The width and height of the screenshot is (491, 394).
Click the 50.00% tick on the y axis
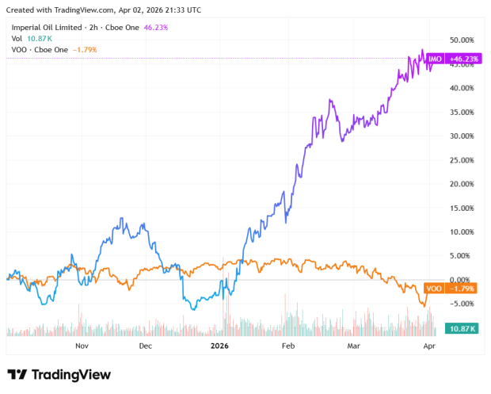(461, 40)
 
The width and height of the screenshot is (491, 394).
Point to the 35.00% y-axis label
(461, 112)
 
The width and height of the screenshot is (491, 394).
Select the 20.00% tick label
(461, 184)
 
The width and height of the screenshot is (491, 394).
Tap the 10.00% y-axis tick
(461, 232)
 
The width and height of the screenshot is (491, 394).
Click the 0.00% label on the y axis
(462, 280)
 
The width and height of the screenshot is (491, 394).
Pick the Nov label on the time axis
(81, 346)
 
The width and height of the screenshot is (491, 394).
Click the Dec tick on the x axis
(146, 346)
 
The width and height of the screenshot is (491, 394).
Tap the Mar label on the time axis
(352, 346)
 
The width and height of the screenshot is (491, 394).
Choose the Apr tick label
(428, 346)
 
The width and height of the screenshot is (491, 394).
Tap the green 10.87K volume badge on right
(462, 328)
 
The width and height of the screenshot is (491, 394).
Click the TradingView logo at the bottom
(59, 375)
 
